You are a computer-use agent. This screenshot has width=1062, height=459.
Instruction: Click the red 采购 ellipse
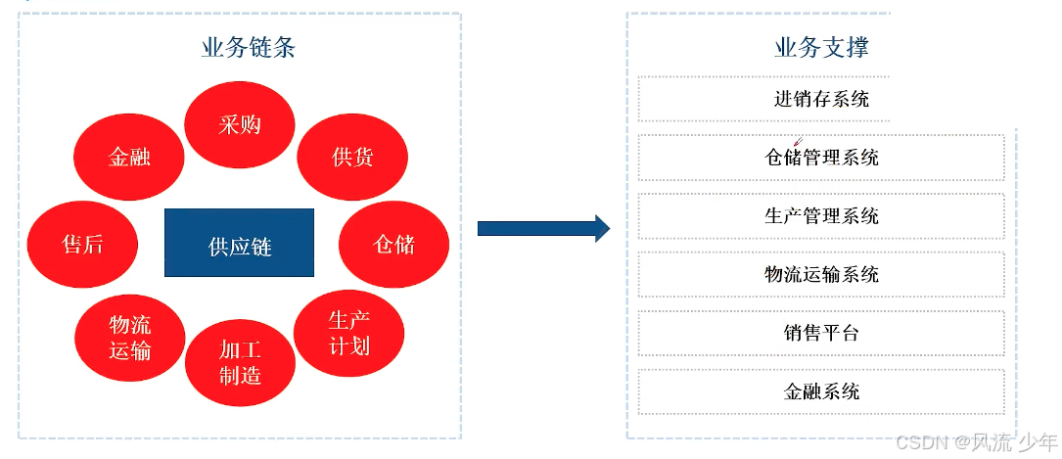click(x=240, y=124)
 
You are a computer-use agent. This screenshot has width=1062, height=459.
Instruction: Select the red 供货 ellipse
click(x=352, y=157)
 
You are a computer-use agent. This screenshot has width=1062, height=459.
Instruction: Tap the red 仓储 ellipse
click(x=394, y=244)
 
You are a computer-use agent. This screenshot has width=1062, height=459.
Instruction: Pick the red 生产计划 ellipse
click(x=349, y=333)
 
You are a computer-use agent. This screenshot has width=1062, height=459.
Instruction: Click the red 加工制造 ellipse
click(x=240, y=362)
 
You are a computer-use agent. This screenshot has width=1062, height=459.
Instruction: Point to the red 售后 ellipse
click(x=82, y=244)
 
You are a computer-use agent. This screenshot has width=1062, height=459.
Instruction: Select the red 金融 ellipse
click(x=129, y=157)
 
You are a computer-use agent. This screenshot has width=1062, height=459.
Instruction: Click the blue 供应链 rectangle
click(x=240, y=244)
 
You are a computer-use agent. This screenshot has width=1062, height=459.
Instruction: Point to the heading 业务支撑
click(x=821, y=47)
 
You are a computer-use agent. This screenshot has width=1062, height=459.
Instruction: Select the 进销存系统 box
click(x=821, y=99)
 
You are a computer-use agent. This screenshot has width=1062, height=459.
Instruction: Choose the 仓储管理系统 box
click(x=821, y=158)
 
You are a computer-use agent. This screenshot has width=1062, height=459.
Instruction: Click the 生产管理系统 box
click(x=821, y=216)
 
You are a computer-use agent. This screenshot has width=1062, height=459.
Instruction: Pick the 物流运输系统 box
click(x=821, y=275)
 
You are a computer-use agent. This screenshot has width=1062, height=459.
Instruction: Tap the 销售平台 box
click(x=821, y=333)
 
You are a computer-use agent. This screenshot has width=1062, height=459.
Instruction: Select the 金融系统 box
click(x=821, y=391)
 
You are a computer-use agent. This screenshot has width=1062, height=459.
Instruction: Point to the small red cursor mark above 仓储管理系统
click(x=799, y=143)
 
